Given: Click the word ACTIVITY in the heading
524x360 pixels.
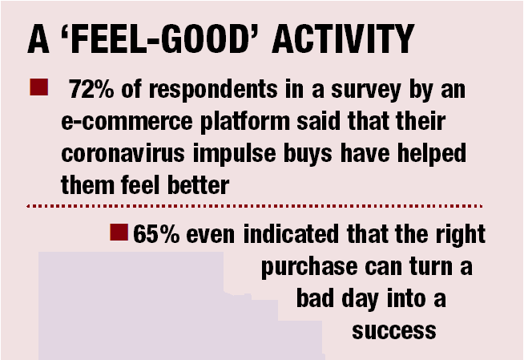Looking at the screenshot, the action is [x=343, y=38].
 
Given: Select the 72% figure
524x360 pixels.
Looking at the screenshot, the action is [x=91, y=89].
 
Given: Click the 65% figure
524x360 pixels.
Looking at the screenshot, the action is [x=156, y=233].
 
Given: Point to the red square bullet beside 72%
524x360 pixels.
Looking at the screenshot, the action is [x=38, y=87].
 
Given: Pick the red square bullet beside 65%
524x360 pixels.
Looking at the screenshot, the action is [x=119, y=233].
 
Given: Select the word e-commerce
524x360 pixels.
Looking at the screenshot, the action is [x=127, y=121].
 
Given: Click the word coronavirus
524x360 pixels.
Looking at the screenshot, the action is [x=123, y=153].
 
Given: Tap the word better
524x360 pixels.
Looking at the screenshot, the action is [x=198, y=185].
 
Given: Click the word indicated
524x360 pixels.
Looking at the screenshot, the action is [x=291, y=233].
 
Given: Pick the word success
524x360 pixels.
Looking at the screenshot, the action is [x=394, y=331].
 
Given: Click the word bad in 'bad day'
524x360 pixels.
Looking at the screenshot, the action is [x=315, y=298].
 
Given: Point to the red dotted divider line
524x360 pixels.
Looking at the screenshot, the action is [x=254, y=206].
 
